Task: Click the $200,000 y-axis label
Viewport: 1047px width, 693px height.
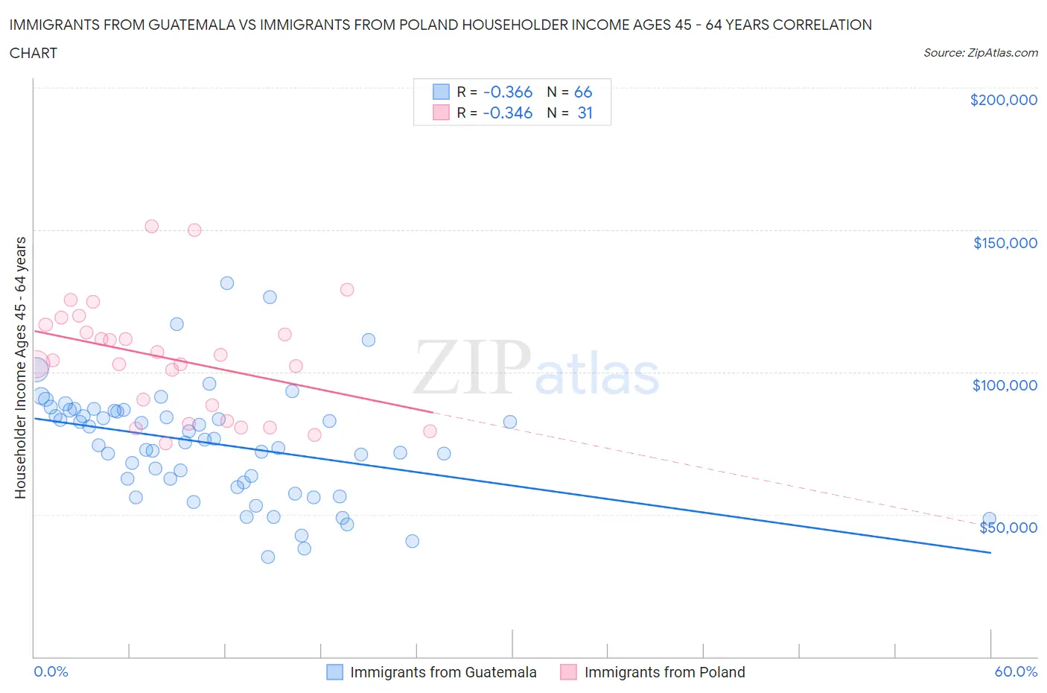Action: point(1003,100)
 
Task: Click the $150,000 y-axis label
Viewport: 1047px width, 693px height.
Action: point(1005,243)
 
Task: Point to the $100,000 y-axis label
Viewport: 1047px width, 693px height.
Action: point(1005,385)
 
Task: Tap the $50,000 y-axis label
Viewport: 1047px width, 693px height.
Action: point(1008,528)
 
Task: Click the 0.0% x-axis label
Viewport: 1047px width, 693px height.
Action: point(51,671)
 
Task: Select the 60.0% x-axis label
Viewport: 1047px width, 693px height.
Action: point(1016,671)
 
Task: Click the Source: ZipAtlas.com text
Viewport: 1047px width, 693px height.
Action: point(980,53)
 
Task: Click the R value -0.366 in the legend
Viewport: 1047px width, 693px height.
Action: point(507,92)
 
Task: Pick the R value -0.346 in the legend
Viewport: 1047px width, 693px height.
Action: point(507,113)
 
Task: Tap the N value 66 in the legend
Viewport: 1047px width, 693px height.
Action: point(582,92)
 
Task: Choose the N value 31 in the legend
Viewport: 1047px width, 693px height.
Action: point(585,113)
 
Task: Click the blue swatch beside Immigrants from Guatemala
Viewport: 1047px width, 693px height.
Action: point(335,672)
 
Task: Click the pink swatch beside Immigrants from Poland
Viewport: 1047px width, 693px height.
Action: point(569,672)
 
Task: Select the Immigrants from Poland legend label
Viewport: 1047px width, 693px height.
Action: point(664,672)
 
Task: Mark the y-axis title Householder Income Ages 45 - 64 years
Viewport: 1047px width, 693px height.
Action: point(20,367)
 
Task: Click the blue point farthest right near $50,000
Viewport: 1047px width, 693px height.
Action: point(989,519)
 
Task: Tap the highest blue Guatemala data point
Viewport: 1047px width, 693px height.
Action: point(227,283)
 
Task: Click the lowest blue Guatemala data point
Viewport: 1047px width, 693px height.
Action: point(268,557)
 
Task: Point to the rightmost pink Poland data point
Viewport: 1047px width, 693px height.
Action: point(430,431)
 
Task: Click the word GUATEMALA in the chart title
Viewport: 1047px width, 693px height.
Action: point(173,25)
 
